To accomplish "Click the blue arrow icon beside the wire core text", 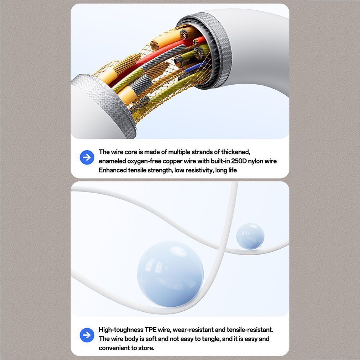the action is tap(87, 158).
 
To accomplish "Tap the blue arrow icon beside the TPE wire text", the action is tap(87, 335).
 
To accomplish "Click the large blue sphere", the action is tap(170, 274).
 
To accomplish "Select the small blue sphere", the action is tap(250, 236).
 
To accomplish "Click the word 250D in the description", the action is tap(239, 161).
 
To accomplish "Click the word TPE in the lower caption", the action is tap(150, 330).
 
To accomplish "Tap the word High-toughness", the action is tap(121, 330).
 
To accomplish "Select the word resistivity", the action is tap(199, 170).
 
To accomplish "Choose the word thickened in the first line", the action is tap(235, 152).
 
